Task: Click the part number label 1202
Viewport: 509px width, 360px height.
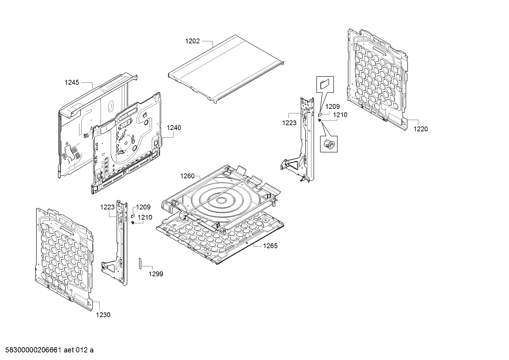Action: [192, 41]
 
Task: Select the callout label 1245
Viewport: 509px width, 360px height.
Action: [72, 83]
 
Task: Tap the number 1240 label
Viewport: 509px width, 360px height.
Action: [174, 128]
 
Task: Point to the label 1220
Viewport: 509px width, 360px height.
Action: [420, 129]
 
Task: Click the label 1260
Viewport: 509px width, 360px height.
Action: [187, 176]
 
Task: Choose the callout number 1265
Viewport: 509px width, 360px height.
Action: [270, 246]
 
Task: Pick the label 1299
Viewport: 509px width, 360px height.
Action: [156, 274]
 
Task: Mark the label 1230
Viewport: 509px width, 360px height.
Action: [103, 315]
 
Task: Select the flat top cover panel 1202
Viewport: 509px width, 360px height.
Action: [226, 67]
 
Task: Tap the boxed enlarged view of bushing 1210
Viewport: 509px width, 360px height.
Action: [329, 143]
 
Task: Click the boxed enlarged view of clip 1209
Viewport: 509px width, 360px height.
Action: [324, 84]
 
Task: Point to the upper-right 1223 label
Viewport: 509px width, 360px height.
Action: [289, 123]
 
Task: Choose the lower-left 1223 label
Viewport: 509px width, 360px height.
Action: [107, 207]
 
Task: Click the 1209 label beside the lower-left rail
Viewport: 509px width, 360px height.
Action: [143, 207]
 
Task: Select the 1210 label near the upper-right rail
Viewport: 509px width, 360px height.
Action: [340, 115]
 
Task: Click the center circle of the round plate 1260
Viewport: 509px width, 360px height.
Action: [221, 201]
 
